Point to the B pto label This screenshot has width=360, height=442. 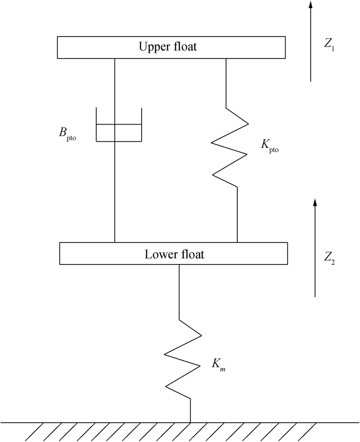coord(67,133)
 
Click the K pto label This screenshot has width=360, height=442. coord(269,145)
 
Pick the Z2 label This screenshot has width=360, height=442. coord(329,258)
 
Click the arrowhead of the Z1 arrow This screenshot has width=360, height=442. coord(310,4)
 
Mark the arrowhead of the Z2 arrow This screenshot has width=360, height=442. coord(315,202)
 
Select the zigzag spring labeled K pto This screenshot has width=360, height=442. coord(230,148)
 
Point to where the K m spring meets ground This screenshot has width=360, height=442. coord(190,422)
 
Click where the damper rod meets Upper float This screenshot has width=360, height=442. coord(115,58)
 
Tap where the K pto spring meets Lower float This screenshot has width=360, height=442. coord(237,242)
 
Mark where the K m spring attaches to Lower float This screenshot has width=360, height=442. coord(179,264)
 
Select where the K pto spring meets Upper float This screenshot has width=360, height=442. coord(226,58)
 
